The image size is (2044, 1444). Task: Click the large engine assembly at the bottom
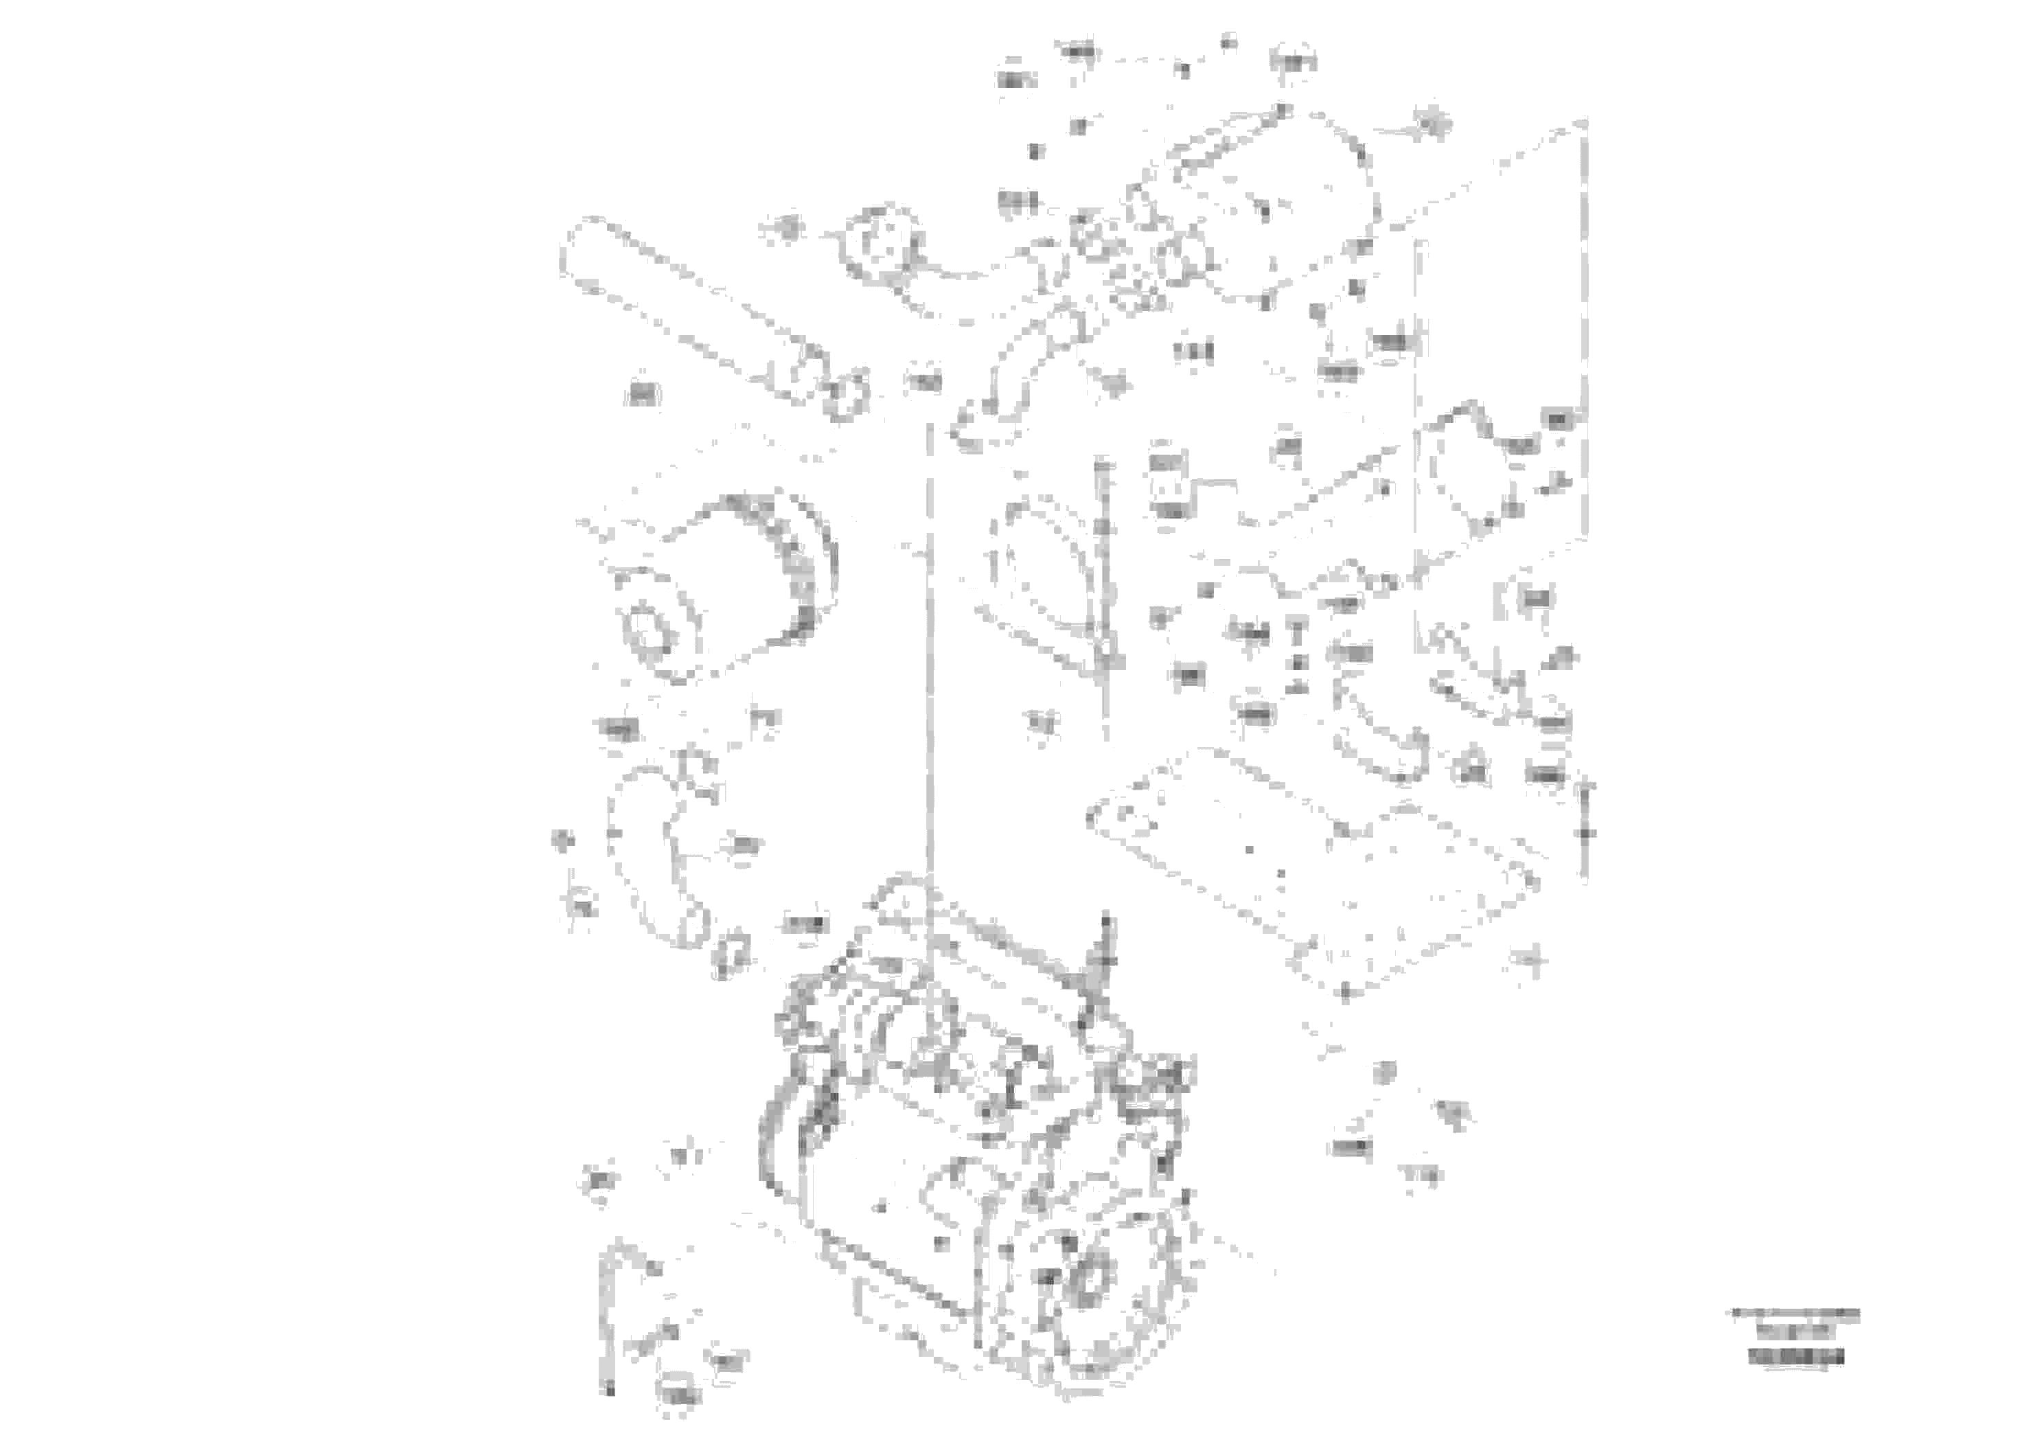[979, 1184]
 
